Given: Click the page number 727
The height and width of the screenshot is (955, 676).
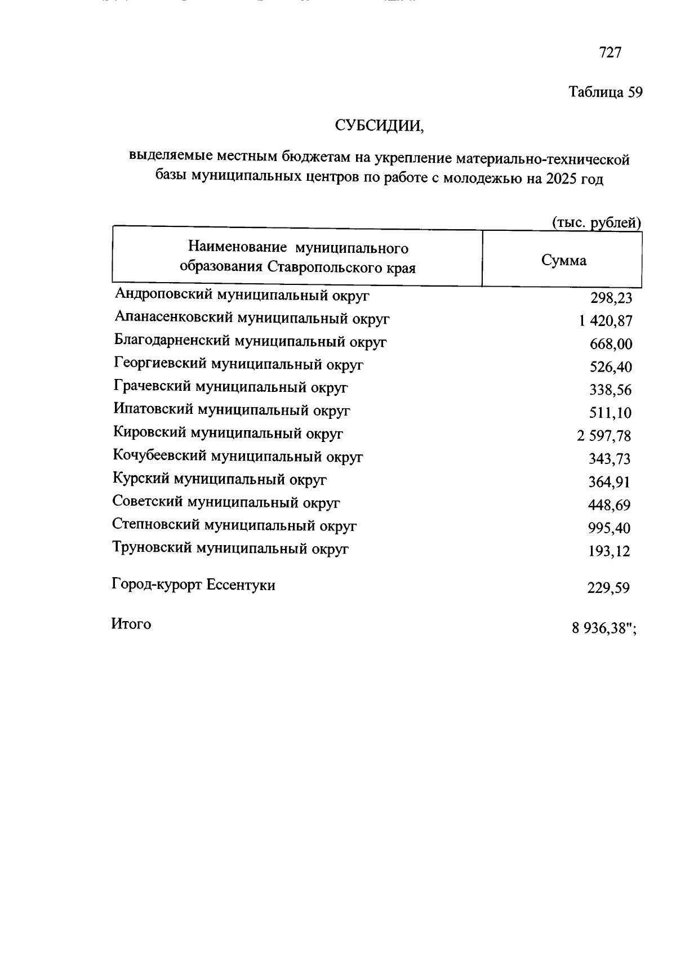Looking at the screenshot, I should click(610, 52).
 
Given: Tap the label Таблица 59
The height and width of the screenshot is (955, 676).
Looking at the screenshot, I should click(605, 92).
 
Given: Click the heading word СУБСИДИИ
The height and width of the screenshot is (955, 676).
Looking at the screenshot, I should click(379, 125).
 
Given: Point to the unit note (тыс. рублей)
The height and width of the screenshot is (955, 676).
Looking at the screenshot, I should click(596, 223).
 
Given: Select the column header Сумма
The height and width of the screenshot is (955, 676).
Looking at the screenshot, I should click(563, 260).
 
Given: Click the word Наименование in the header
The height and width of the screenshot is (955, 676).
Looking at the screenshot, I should click(237, 248).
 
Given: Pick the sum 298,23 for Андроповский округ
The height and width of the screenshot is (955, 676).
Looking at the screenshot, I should click(611, 298).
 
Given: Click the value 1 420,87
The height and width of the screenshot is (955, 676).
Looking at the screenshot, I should click(604, 321).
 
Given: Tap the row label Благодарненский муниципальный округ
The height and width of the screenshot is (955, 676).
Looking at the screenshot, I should click(250, 341).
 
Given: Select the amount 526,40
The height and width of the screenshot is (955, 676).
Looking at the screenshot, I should click(611, 367).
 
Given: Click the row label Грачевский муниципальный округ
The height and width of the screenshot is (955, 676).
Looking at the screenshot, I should click(230, 387).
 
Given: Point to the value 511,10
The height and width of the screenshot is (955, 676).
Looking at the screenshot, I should click(611, 413).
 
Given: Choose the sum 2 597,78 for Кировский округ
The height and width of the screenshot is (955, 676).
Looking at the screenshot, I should click(604, 436).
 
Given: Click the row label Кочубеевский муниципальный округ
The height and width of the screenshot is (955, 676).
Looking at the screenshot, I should click(238, 457).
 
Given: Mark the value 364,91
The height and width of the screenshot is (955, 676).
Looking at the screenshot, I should click(610, 482).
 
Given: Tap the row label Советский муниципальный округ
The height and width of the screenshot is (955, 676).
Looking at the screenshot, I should click(226, 502).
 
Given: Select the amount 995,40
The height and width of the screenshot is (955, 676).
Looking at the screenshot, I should click(610, 528).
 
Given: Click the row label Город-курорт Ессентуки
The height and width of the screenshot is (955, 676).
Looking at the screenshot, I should click(194, 585).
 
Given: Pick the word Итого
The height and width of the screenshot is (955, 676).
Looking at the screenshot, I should click(131, 624).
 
